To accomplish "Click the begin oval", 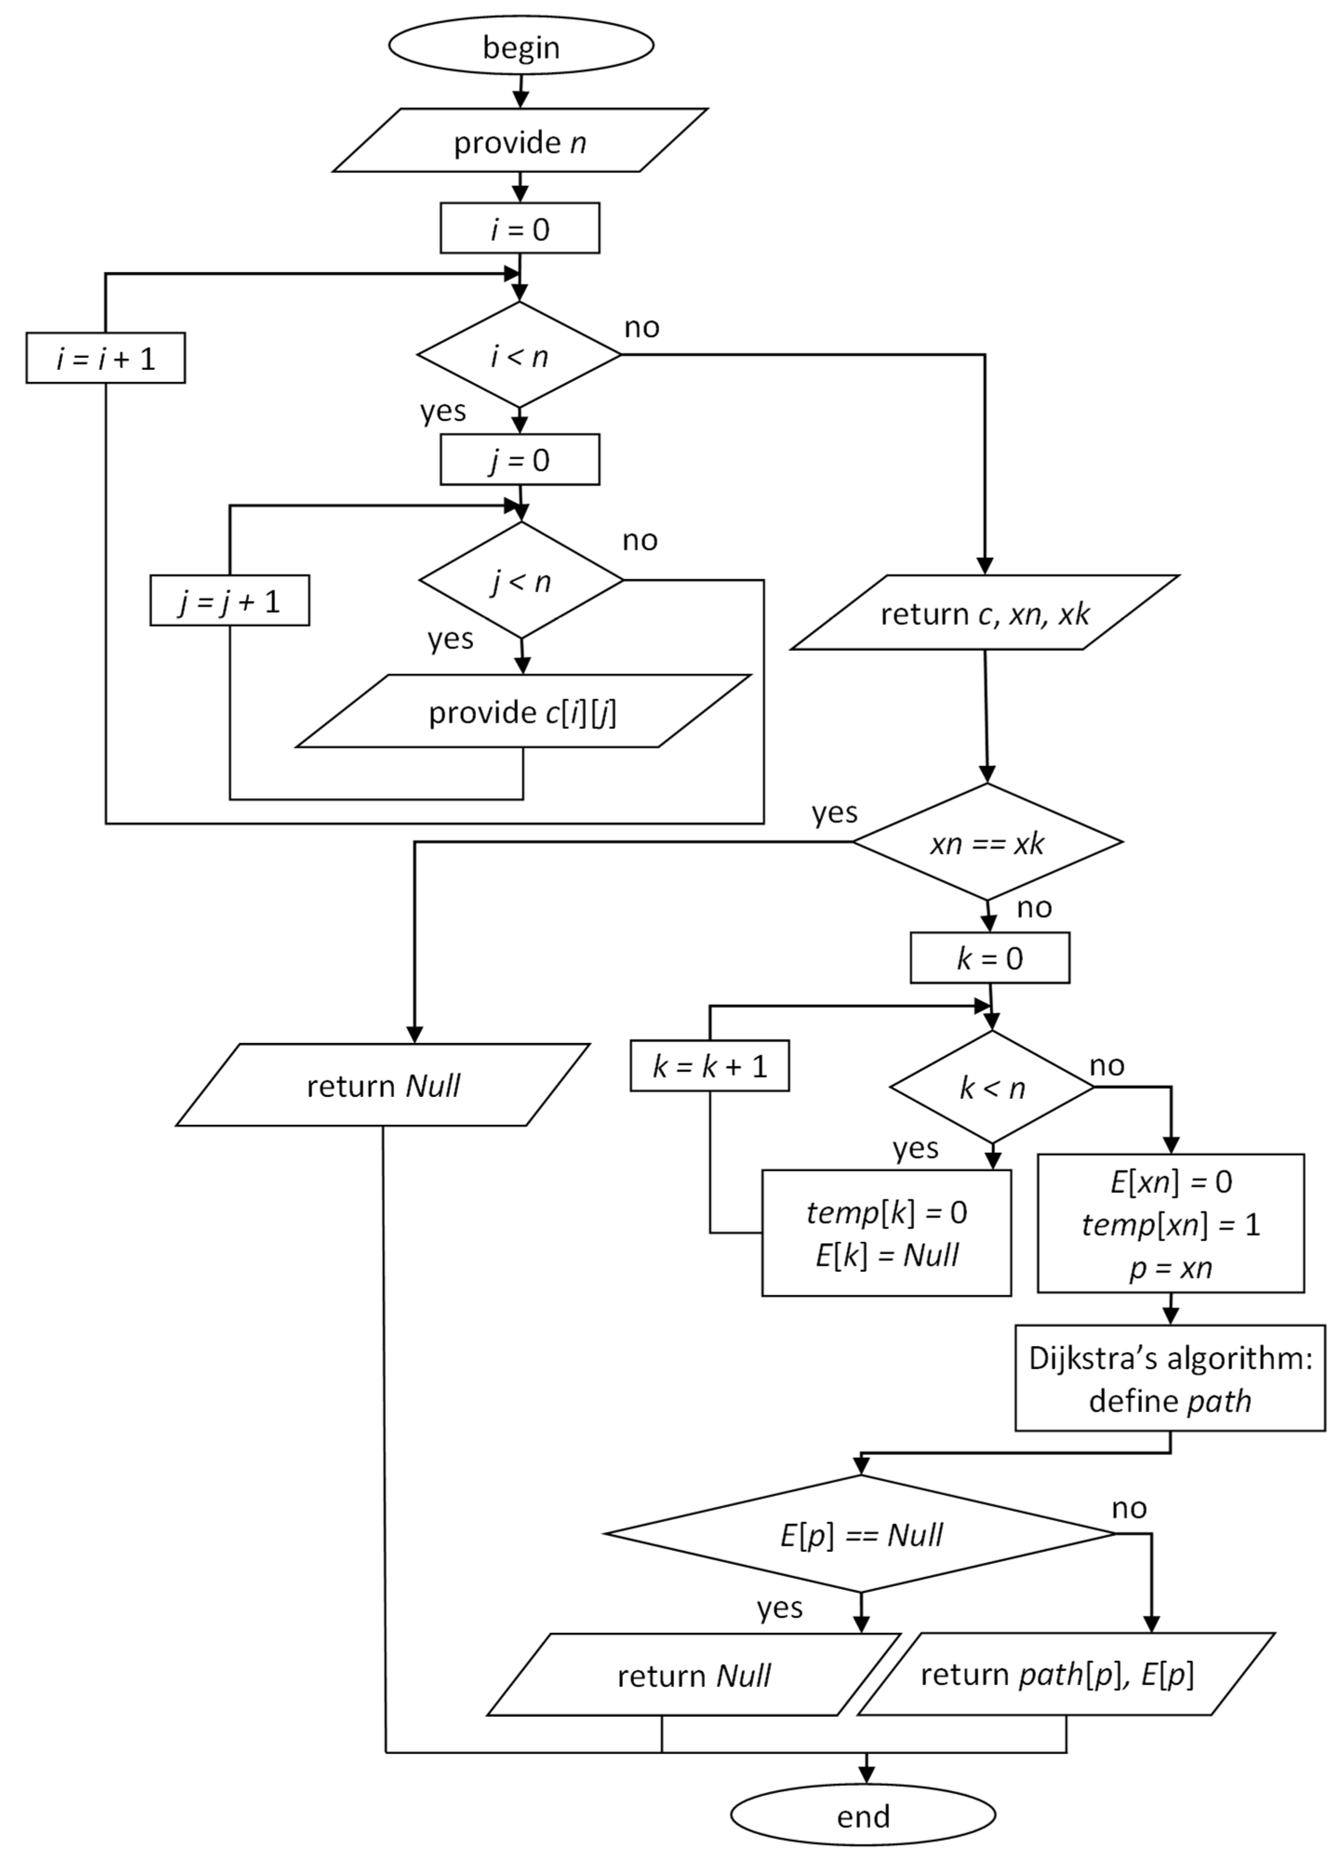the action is (x=521, y=46).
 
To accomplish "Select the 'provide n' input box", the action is (x=520, y=140).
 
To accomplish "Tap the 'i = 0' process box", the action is (x=520, y=228).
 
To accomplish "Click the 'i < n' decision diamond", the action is (x=519, y=354).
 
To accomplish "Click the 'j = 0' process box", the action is (x=520, y=460).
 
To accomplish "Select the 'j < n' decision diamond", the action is (x=521, y=580).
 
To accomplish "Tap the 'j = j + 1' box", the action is (x=229, y=600).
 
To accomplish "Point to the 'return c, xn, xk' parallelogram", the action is (x=985, y=612).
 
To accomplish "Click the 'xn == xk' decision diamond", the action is (x=987, y=842).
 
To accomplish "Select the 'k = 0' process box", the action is (x=990, y=958).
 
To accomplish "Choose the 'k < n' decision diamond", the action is (x=992, y=1087).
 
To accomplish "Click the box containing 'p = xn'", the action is (x=1171, y=1223).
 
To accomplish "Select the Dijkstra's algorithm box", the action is (x=1170, y=1377).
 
